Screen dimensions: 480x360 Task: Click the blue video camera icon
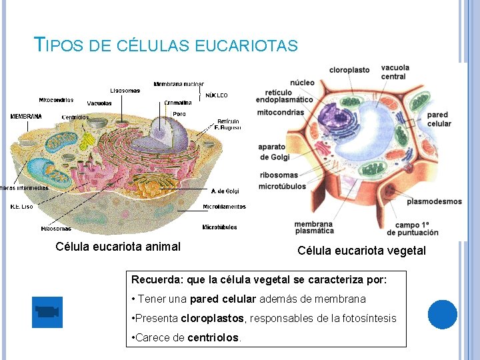point(47,312)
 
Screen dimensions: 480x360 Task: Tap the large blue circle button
point(443,314)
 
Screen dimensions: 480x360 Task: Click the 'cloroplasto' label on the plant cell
point(349,69)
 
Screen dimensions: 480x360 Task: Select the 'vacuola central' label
point(395,72)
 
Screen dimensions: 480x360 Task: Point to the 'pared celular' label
point(439,119)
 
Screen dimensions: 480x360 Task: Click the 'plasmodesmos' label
point(434,201)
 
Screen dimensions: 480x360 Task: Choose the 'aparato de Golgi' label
point(273,152)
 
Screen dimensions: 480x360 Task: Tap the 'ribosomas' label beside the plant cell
point(278,175)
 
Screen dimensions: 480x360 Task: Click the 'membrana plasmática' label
point(314,227)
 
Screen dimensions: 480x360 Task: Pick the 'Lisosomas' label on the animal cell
point(125,91)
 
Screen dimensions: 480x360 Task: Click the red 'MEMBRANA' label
point(26,117)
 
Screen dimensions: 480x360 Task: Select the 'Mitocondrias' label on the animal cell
point(56,100)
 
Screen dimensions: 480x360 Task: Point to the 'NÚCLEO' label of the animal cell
point(217,95)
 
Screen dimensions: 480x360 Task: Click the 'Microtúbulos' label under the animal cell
point(219,227)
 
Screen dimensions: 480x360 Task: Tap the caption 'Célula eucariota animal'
point(118,247)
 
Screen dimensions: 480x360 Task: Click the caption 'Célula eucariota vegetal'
point(361,251)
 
